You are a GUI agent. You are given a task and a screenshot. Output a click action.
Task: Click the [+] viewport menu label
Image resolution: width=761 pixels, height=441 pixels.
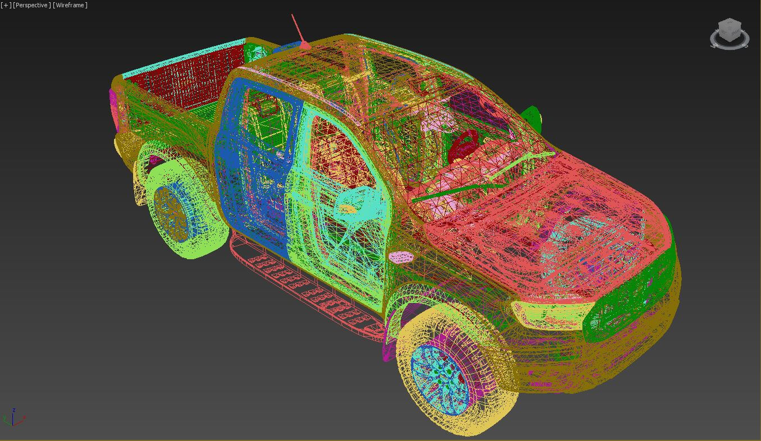(x=6, y=5)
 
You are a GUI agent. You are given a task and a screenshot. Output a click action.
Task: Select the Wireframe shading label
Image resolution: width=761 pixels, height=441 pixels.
(x=70, y=5)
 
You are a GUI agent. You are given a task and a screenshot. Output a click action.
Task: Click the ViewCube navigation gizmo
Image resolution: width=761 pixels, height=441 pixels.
(x=729, y=32)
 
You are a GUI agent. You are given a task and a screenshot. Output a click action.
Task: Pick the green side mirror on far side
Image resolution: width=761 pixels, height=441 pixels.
(x=531, y=117)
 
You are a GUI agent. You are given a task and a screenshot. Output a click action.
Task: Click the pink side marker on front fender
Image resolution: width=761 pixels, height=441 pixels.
(x=400, y=257)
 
